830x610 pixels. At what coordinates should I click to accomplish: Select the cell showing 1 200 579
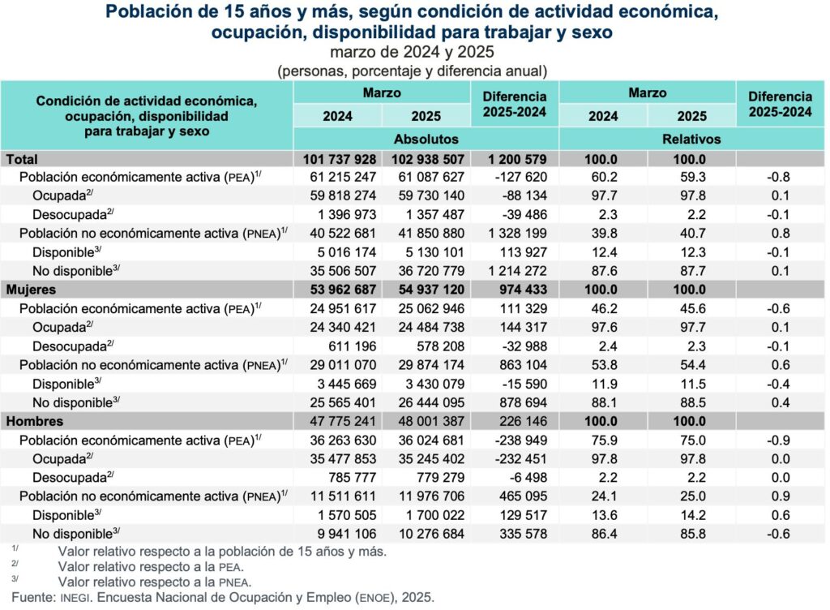(x=516, y=159)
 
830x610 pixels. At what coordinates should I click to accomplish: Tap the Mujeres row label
(x=35, y=290)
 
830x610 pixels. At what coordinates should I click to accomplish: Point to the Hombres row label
(x=35, y=422)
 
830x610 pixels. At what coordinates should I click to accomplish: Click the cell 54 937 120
(x=426, y=290)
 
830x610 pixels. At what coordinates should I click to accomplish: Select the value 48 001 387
(x=426, y=422)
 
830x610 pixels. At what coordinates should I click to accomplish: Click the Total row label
(x=22, y=159)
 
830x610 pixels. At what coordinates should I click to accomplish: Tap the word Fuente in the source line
(x=23, y=598)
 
